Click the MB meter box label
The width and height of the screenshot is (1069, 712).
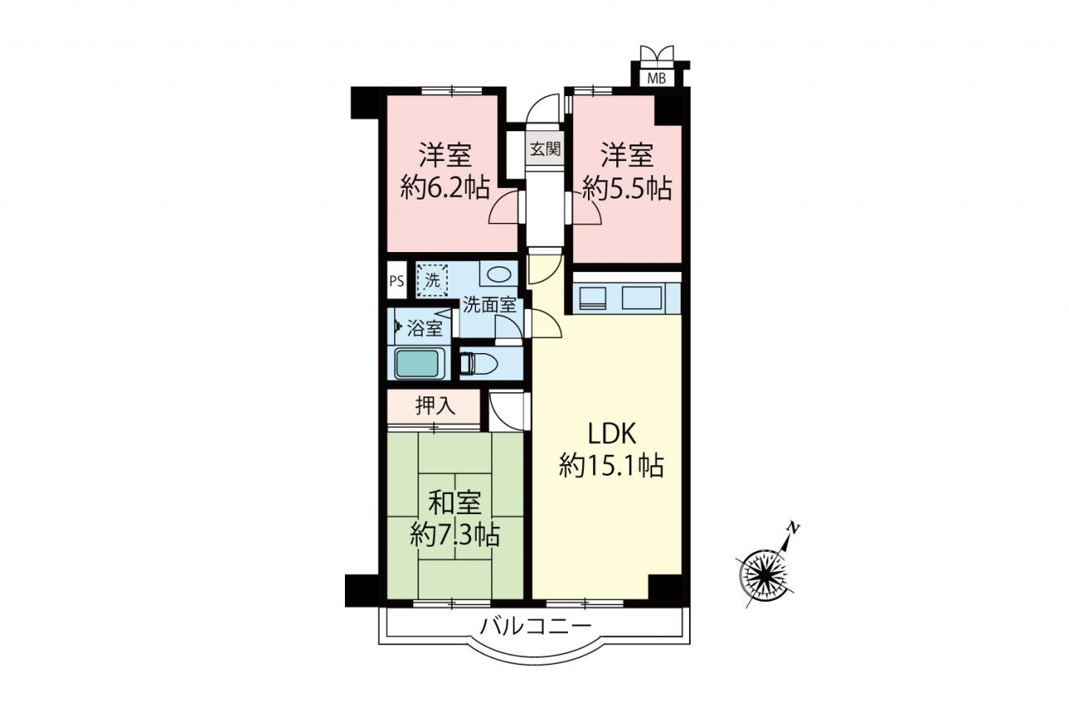tap(656, 78)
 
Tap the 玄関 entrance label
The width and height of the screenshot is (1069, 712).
tap(545, 149)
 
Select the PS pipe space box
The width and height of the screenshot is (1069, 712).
tap(397, 281)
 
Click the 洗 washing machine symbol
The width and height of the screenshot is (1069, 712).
tap(433, 280)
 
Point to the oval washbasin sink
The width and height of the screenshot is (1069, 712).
tap(499, 275)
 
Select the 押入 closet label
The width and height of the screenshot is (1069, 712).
tap(435, 406)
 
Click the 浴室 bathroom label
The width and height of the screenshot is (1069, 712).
tap(424, 328)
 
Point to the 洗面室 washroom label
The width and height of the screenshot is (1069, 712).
tap(490, 306)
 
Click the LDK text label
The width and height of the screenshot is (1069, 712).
tap(611, 434)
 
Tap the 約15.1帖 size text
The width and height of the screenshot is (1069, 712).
tap(611, 466)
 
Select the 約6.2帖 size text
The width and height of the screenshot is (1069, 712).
tap(445, 188)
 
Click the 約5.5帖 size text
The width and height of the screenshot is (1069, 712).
tap(627, 188)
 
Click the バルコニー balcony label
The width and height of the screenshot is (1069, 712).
tap(535, 625)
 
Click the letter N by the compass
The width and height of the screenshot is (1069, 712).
tap(793, 528)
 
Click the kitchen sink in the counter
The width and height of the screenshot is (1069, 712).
tap(642, 299)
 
